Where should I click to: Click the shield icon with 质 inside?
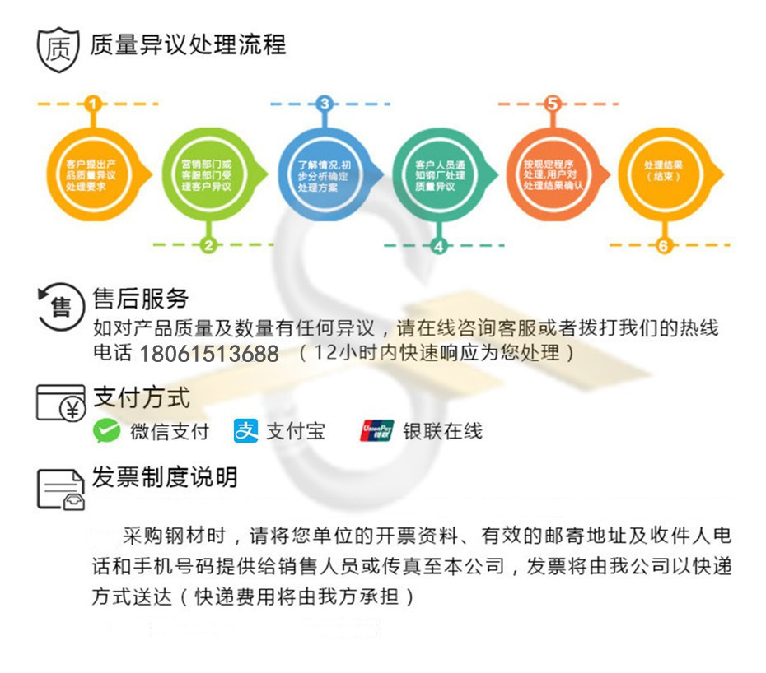tap(58, 49)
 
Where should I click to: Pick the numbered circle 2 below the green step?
tap(208, 244)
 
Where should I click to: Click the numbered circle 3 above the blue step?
tap(325, 104)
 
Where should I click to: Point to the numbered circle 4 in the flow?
tap(438, 245)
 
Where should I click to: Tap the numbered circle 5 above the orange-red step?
tap(553, 104)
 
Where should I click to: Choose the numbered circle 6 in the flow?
tap(664, 245)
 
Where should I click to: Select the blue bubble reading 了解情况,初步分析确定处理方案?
tap(323, 174)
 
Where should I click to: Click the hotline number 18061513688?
tap(209, 355)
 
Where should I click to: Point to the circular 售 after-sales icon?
tap(61, 307)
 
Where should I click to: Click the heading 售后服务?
tap(141, 298)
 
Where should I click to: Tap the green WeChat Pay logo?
tap(107, 430)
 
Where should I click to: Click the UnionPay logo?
tap(376, 430)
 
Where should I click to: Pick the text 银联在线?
tap(442, 430)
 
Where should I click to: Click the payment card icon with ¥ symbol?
tap(61, 402)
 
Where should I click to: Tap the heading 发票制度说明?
tap(165, 477)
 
